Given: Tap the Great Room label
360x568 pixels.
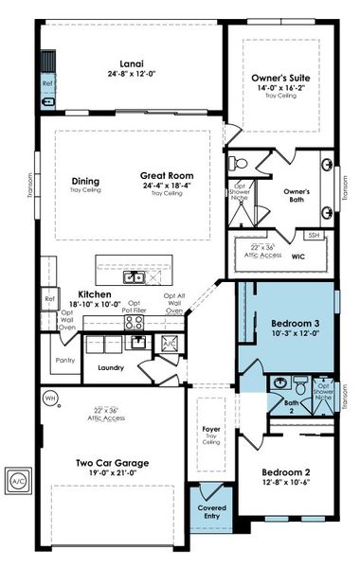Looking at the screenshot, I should point(168,176).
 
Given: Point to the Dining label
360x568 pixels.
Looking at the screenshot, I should point(86,181).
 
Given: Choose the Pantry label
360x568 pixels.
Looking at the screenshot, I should point(65,360).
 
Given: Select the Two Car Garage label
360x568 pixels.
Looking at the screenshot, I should point(111,463).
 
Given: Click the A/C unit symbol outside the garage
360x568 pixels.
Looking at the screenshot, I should point(18,481).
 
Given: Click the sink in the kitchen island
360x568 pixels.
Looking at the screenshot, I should point(137,276).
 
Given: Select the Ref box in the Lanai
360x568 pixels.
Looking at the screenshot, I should point(47,83).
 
